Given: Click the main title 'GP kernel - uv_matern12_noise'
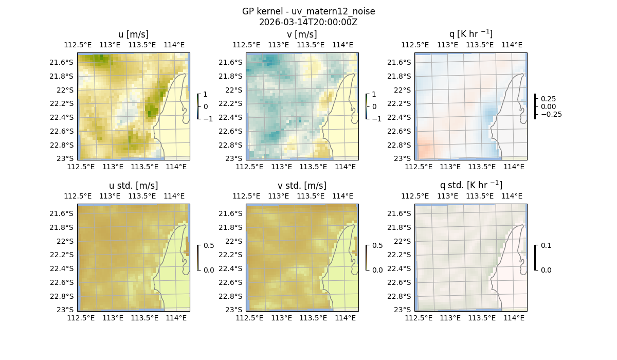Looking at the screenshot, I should click(308, 11).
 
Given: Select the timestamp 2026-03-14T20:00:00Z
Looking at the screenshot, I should click(308, 22).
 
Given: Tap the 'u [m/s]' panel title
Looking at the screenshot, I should click(133, 34).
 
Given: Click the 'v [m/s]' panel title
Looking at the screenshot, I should click(302, 34).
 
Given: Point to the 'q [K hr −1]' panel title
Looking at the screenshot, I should click(470, 34).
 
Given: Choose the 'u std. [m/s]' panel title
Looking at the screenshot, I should click(133, 186).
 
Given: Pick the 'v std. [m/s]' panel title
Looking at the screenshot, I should click(302, 186).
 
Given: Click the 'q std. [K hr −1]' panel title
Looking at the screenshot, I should click(470, 185).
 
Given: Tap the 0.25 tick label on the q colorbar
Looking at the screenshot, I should click(549, 99).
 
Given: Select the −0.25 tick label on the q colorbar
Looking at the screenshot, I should click(551, 114).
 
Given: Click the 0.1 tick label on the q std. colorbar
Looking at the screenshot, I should click(546, 245).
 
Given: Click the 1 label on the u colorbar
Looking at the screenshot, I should click(206, 95).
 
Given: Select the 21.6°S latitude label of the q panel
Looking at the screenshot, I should click(400, 62).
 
